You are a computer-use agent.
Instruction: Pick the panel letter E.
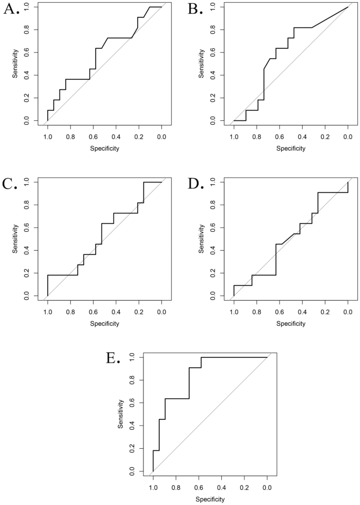112,359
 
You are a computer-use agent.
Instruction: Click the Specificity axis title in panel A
104,148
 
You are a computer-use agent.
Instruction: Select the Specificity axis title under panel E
210,499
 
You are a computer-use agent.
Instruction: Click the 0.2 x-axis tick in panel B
325,137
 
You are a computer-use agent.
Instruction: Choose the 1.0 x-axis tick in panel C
47,312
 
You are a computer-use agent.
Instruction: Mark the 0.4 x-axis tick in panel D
302,312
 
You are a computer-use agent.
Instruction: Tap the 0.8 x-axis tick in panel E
176,487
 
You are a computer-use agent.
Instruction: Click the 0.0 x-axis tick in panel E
267,487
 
